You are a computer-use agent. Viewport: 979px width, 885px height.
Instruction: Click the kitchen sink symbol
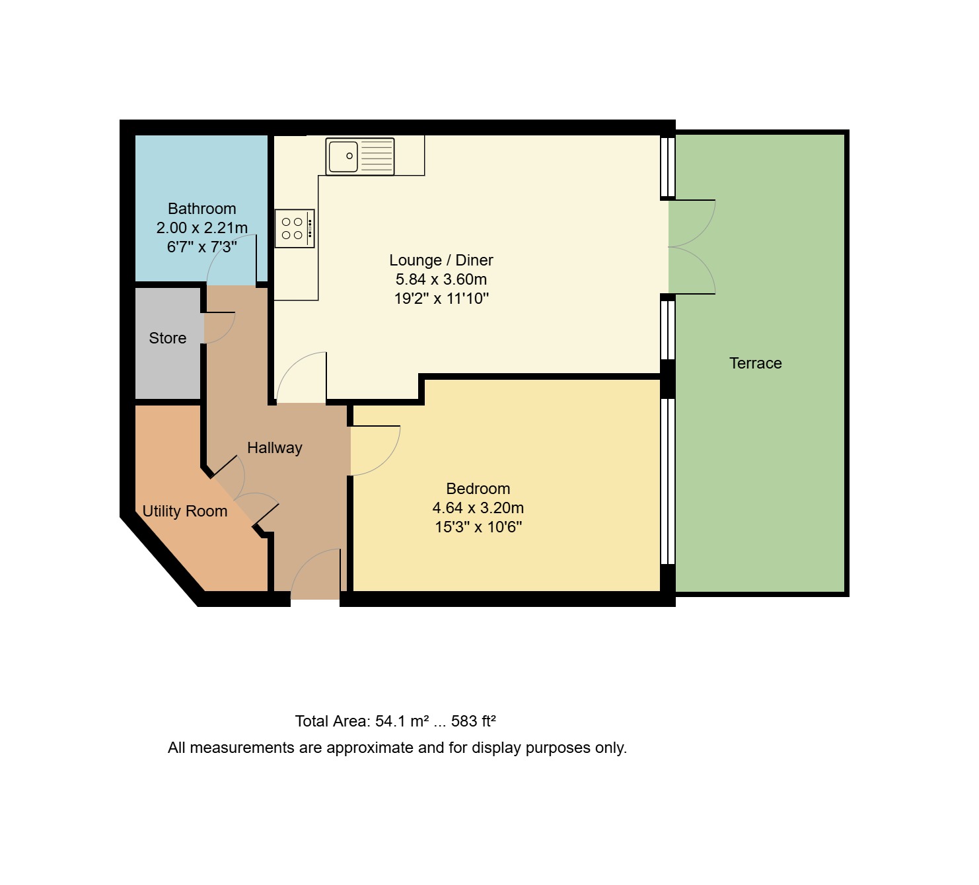click(x=360, y=157)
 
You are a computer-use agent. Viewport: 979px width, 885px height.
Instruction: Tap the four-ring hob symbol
click(x=294, y=229)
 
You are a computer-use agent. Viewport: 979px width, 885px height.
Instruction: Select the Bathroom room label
click(x=201, y=209)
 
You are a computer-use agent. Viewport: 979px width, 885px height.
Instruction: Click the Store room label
click(x=167, y=338)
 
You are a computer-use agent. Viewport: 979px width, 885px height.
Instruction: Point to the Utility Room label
click(x=184, y=511)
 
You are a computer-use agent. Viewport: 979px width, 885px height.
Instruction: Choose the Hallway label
click(x=274, y=448)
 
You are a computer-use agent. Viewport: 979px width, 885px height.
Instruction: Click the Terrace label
click(x=755, y=363)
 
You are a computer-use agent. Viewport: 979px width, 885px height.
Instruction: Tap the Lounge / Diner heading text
click(x=441, y=260)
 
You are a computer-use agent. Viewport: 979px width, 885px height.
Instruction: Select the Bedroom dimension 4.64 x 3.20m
click(x=478, y=508)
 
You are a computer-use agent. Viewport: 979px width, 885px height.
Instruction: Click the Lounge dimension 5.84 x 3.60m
click(x=441, y=279)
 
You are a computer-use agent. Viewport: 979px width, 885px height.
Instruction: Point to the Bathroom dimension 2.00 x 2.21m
click(x=201, y=228)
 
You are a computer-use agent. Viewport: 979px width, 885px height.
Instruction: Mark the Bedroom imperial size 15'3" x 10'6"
click(x=478, y=527)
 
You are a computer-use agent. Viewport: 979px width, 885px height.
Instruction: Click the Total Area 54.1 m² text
click(x=362, y=721)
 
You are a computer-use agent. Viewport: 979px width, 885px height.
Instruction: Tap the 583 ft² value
click(x=473, y=721)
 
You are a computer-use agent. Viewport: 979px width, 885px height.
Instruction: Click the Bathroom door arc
click(x=231, y=264)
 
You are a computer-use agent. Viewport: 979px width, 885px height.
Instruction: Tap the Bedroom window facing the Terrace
click(x=668, y=481)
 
